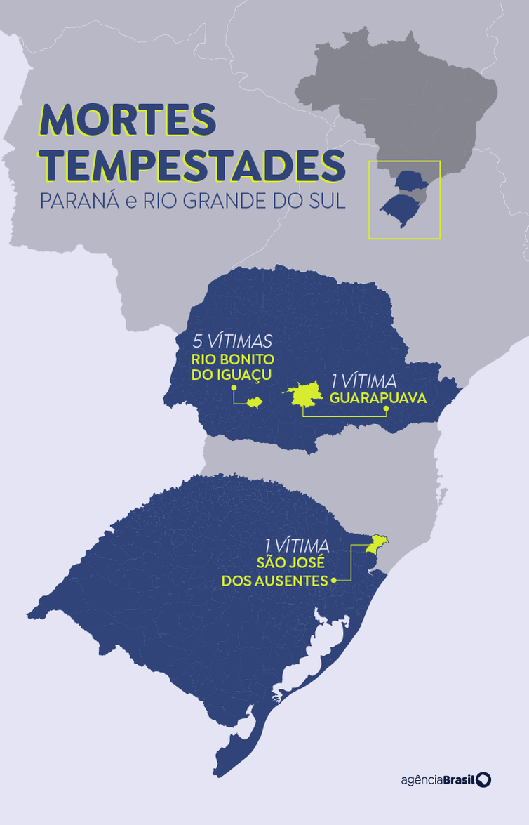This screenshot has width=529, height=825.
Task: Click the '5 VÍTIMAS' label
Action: tap(232, 342)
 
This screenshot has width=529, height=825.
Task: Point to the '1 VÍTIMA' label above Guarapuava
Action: tap(364, 382)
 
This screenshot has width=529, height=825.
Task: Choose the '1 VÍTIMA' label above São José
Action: tap(297, 545)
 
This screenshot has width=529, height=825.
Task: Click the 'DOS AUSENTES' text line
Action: tap(275, 581)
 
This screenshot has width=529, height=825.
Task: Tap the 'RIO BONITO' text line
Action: tap(232, 358)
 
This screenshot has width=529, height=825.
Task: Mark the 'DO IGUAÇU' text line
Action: tap(232, 374)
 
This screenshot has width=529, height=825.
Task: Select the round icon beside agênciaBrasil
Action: tap(483, 779)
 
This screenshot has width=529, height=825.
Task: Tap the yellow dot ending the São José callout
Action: tap(335, 580)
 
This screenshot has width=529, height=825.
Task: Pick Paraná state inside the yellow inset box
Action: tap(410, 181)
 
